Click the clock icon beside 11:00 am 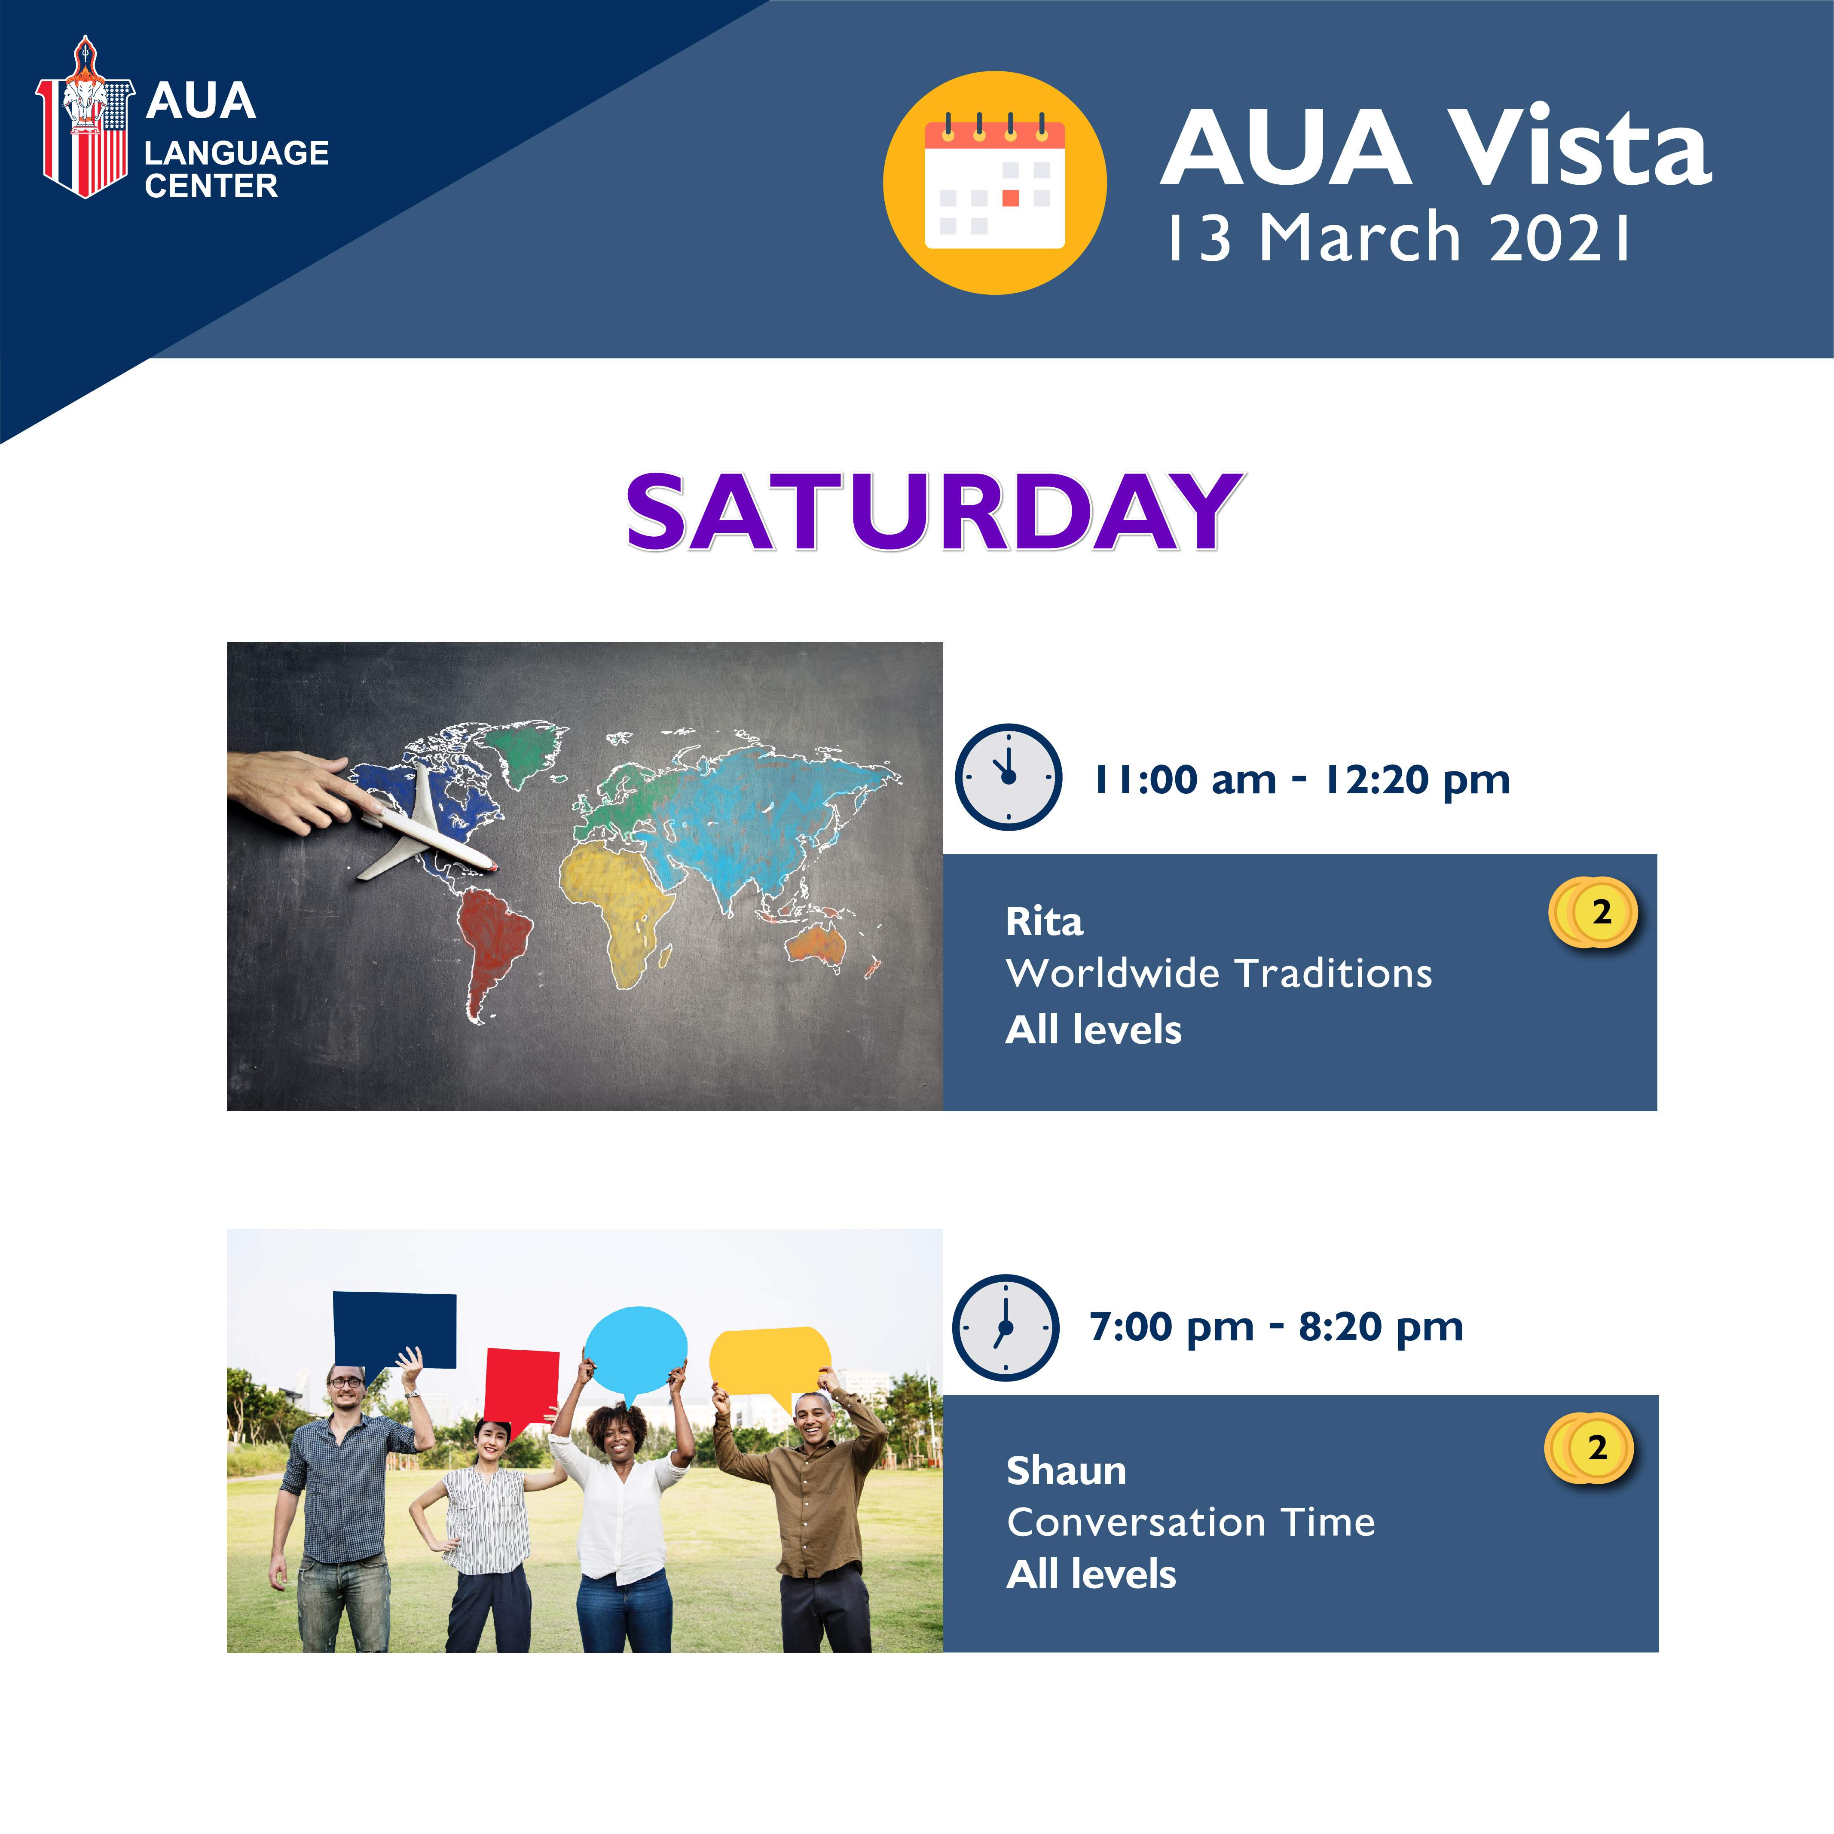(x=1008, y=776)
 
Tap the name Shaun (x=1066, y=1470)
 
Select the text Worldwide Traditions (x=1219, y=973)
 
